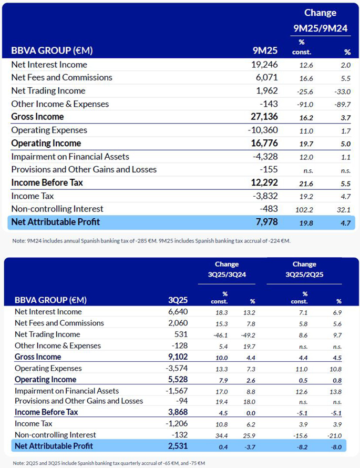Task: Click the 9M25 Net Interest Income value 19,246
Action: pos(264,65)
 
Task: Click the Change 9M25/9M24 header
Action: pos(320,21)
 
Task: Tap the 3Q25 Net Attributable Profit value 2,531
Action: pos(176,446)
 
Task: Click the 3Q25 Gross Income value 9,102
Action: pos(176,357)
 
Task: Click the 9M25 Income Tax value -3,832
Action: pos(264,196)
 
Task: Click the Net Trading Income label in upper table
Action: pos(48,91)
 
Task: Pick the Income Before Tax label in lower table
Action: pos(46,412)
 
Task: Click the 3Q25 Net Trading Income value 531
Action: pos(180,334)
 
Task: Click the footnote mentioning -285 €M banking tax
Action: pos(150,241)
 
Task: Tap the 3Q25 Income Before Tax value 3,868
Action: pos(176,412)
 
